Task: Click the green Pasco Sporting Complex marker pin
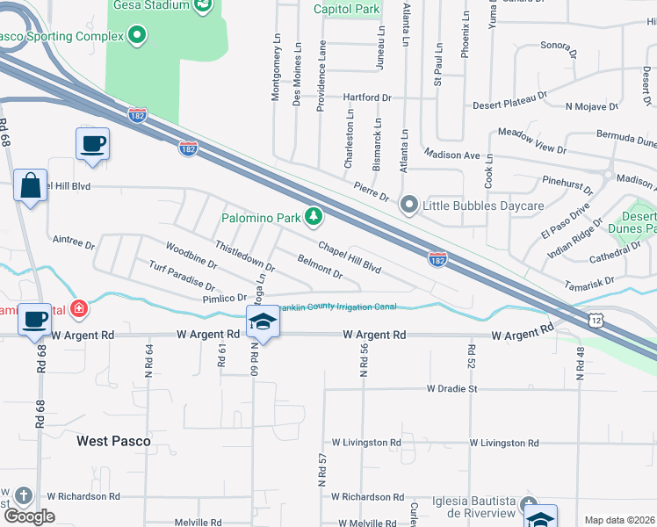(136, 36)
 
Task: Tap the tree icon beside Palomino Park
(314, 216)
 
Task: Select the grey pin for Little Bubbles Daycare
(408, 205)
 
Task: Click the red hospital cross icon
(79, 309)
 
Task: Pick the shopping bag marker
(30, 185)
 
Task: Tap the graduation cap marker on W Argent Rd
(263, 321)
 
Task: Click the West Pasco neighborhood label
(113, 441)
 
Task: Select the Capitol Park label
(347, 10)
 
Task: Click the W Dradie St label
(451, 388)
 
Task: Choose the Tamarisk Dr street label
(589, 283)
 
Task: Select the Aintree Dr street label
(74, 240)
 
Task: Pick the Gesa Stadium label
(150, 5)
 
